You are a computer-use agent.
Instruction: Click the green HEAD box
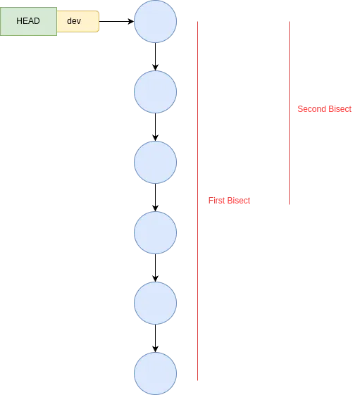(28, 21)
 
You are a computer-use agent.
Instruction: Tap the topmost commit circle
(156, 21)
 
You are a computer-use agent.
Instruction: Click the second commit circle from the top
(156, 92)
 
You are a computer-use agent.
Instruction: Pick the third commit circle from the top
(156, 162)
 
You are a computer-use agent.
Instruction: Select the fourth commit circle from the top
(156, 232)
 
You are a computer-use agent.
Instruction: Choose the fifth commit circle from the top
(156, 303)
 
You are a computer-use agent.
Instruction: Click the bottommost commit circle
(156, 373)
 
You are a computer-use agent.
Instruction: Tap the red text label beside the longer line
(230, 201)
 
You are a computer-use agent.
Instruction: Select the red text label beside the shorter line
(325, 109)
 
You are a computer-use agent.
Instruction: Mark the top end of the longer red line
(199, 20)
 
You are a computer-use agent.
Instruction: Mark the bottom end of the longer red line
(199, 382)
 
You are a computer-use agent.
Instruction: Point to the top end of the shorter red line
(290, 20)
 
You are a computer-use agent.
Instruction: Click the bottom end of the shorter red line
(290, 206)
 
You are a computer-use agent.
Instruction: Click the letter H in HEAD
(20, 21)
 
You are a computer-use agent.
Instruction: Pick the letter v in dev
(78, 21)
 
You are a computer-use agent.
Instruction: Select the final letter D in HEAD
(37, 21)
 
